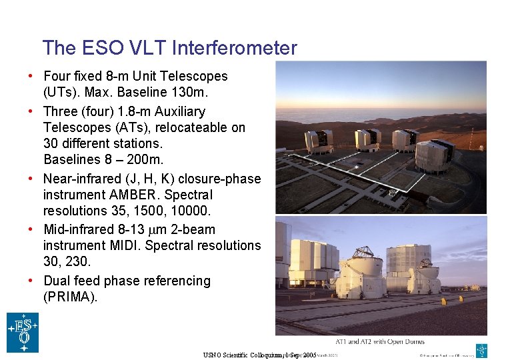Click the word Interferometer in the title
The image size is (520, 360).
[x=234, y=48]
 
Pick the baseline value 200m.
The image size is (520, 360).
[x=145, y=160]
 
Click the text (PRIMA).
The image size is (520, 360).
[x=70, y=297]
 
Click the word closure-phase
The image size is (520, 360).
[x=220, y=179]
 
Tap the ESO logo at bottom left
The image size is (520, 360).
[x=23, y=332]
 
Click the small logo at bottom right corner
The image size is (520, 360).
[x=481, y=350]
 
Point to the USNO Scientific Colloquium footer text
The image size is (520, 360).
[x=260, y=355]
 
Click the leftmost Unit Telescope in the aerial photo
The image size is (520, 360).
[x=318, y=141]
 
